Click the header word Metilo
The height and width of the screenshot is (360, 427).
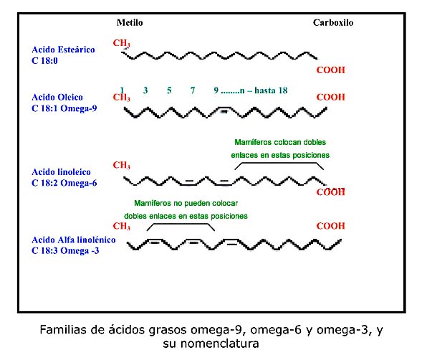[x=130, y=23]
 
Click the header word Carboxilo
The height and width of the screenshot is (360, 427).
[x=333, y=23]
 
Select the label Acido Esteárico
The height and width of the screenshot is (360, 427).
[x=63, y=49]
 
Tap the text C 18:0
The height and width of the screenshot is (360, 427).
[x=44, y=60]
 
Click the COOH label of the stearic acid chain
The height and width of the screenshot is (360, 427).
[x=330, y=70]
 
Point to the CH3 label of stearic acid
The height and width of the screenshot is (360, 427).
[x=122, y=43]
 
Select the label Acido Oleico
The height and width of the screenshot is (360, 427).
[x=57, y=98]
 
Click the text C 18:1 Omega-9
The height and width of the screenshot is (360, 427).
[x=64, y=108]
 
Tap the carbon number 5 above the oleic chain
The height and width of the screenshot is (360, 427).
[x=169, y=90]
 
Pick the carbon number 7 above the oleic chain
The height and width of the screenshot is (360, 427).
[x=193, y=90]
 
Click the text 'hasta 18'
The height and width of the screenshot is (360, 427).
[x=271, y=90]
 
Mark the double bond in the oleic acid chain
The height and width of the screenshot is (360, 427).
[x=224, y=110]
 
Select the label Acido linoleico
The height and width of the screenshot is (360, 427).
[x=61, y=172]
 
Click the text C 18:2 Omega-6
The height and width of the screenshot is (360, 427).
[x=64, y=183]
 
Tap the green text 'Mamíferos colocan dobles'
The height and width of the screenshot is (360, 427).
[x=280, y=142]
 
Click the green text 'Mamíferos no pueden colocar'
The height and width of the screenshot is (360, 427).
[x=186, y=203]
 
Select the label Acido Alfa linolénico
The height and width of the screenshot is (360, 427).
[x=74, y=240]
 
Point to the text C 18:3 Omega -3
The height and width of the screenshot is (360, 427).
[x=65, y=251]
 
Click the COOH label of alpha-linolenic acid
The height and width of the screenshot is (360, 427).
[x=330, y=226]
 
